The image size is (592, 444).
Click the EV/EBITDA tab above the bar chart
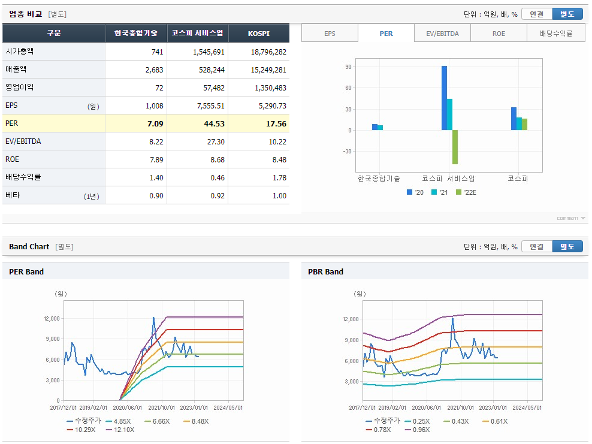tap(442, 34)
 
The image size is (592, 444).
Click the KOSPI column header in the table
tap(259, 34)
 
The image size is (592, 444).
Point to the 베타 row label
tap(13, 195)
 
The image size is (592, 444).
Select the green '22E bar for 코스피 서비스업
tap(455, 147)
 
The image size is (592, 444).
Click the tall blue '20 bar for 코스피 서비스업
tap(444, 98)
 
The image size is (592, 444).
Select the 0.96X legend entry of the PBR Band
tap(420, 430)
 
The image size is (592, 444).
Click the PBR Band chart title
tap(325, 272)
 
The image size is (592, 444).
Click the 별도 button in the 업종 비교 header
tap(567, 14)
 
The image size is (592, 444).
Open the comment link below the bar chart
tap(570, 218)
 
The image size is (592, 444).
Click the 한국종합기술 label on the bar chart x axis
tap(378, 179)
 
